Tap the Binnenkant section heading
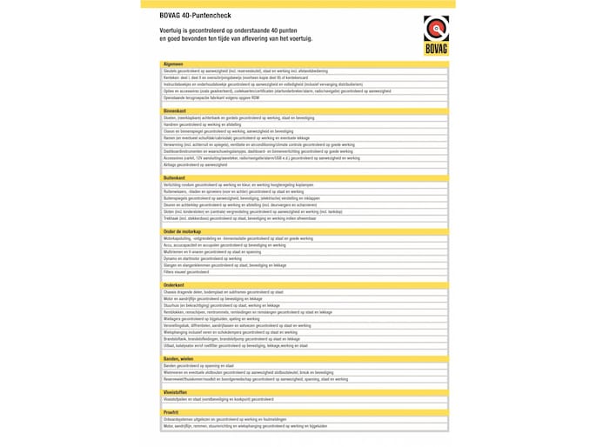pyautogui.click(x=174, y=111)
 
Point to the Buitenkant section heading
pyautogui.click(x=174, y=177)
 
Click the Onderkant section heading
pyautogui.click(x=173, y=284)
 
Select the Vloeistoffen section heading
pyautogui.click(x=177, y=391)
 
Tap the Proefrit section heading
pyautogui.click(x=171, y=412)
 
